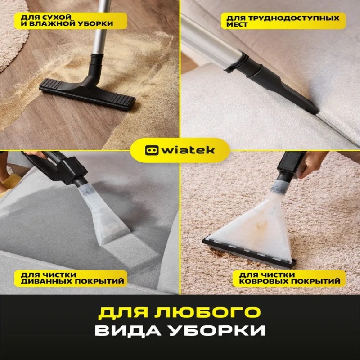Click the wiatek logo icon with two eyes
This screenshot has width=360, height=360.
(x=152, y=151)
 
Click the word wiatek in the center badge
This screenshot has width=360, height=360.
(x=188, y=150)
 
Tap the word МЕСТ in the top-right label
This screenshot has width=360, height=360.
(x=237, y=24)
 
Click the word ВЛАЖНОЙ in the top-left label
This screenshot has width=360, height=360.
(x=53, y=24)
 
